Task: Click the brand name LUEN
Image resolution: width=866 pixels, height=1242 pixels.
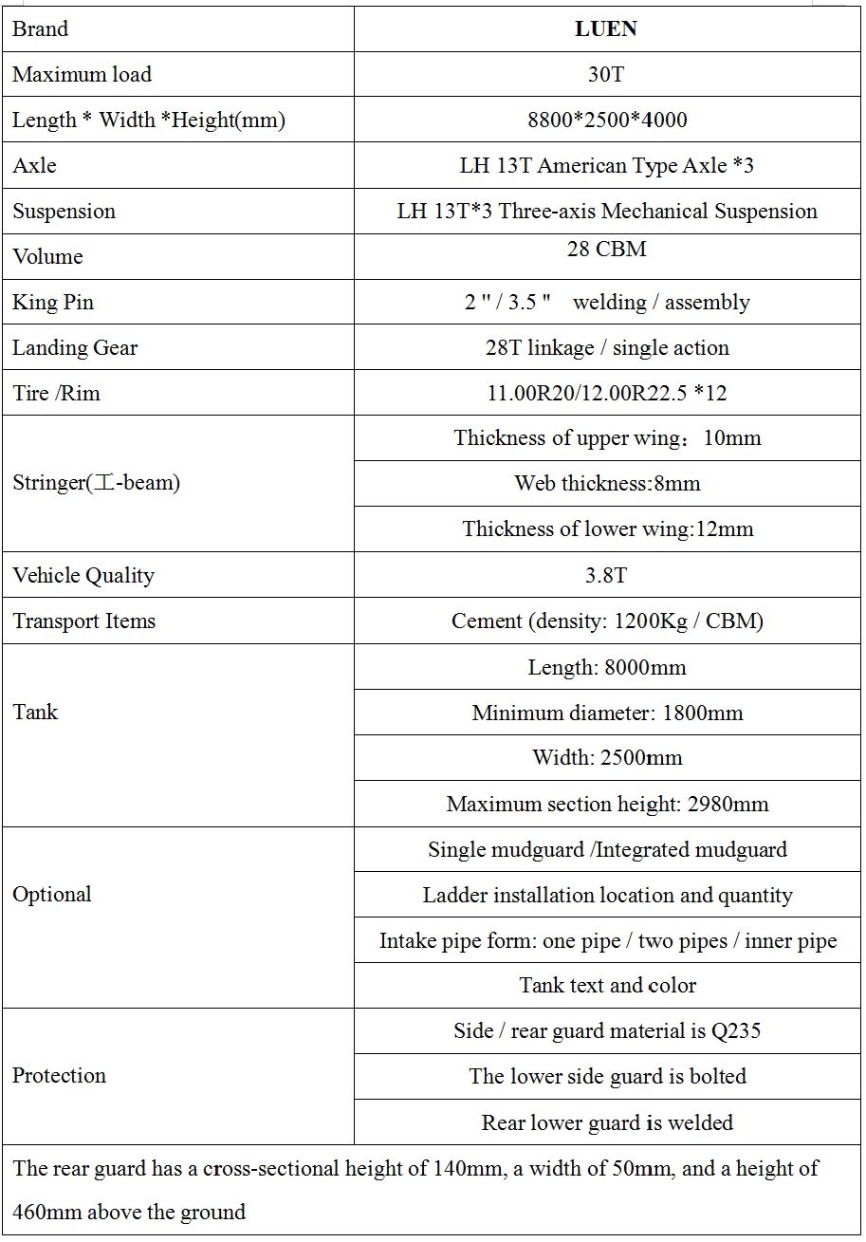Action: coord(606,29)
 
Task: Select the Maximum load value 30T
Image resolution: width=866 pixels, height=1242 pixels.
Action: coord(606,74)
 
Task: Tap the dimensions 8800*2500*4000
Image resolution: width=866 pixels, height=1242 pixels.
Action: coord(607,120)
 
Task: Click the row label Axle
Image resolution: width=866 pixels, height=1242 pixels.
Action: coord(34,165)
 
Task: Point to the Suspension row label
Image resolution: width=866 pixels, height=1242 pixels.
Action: coord(64,211)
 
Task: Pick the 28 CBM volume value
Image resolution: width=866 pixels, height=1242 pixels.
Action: coord(606,250)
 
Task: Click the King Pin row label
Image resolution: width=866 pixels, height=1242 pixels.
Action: coord(53,302)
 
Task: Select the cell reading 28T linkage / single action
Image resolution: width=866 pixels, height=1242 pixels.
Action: coord(607,347)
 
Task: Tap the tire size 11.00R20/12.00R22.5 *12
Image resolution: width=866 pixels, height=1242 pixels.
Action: coord(607,393)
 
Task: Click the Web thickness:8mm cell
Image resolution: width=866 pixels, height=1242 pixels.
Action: coord(607,483)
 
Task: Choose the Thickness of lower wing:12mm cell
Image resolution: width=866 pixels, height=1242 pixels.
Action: coord(607,528)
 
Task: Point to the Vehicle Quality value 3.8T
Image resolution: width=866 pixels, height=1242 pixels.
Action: coord(607,575)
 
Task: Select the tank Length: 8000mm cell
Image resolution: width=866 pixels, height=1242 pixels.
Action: coord(607,667)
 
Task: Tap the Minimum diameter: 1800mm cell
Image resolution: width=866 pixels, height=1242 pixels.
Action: coord(607,713)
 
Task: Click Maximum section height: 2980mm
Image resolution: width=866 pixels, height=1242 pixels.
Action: coord(607,804)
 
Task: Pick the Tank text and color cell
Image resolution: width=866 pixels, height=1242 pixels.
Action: coord(607,985)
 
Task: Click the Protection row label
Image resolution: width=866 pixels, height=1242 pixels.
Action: coord(59,1075)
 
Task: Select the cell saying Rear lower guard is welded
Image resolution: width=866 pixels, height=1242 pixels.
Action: coord(607,1122)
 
